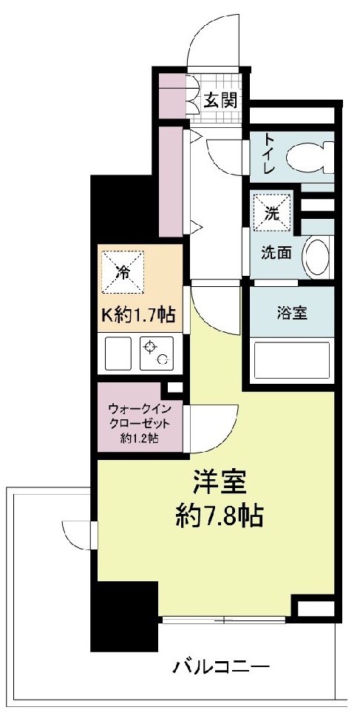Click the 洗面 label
(x=274, y=252)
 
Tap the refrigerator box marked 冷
(x=123, y=271)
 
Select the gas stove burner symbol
(x=156, y=353)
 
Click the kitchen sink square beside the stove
(x=118, y=353)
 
